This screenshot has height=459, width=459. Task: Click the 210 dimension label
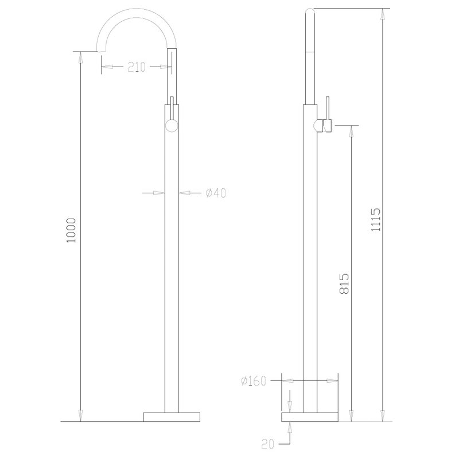(x=137, y=67)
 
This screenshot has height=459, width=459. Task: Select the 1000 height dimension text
(x=71, y=230)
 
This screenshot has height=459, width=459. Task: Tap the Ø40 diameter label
(x=216, y=193)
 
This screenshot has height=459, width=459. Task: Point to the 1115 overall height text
(x=376, y=220)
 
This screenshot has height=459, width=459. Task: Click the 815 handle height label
(x=344, y=283)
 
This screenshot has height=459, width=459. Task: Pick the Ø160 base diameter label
(x=254, y=381)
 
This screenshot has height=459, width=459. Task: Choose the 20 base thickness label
(x=267, y=444)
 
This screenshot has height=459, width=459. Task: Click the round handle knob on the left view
(x=172, y=126)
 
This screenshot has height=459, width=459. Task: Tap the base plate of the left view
(x=172, y=417)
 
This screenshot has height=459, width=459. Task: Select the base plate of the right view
(x=310, y=417)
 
